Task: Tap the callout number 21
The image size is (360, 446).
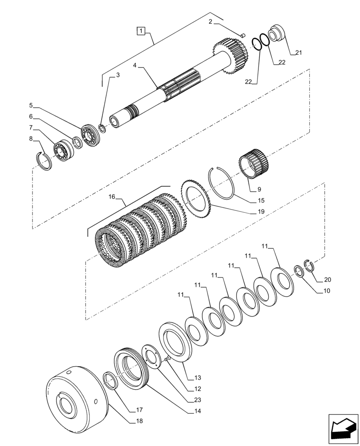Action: click(299, 53)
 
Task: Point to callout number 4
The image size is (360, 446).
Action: click(135, 65)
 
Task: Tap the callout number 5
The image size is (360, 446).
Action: click(31, 105)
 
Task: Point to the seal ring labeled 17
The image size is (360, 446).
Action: click(110, 382)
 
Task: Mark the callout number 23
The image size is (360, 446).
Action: click(197, 400)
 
